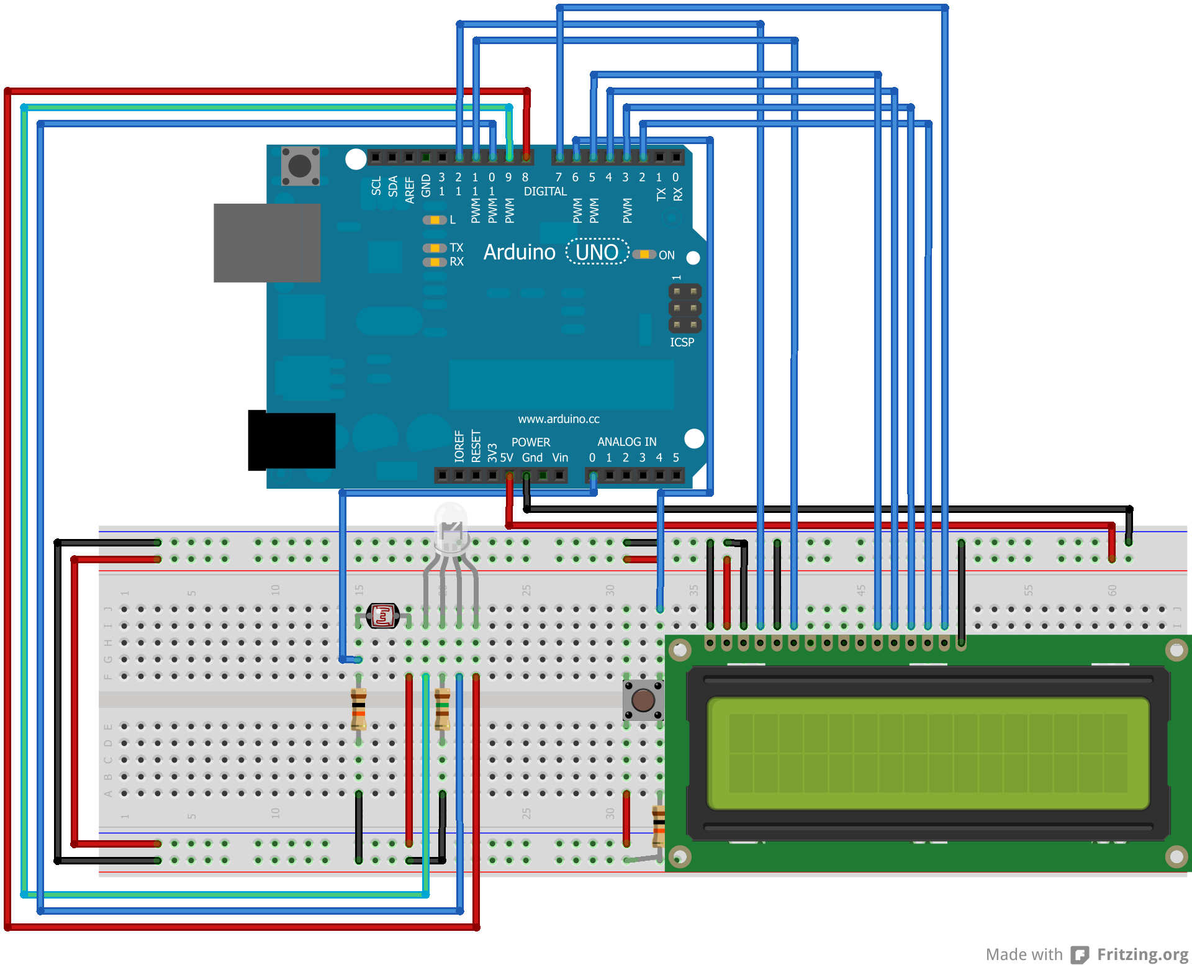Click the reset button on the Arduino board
(x=300, y=166)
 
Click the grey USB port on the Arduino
(x=267, y=243)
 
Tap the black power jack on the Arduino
(x=291, y=440)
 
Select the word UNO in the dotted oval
(x=597, y=252)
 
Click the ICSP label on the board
(x=682, y=342)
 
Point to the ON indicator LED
(x=644, y=255)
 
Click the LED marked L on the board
(x=435, y=220)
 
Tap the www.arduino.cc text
(x=559, y=419)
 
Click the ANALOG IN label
(x=626, y=442)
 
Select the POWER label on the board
(x=530, y=442)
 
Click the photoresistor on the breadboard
(x=382, y=616)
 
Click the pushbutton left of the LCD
(x=643, y=700)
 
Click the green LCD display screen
(x=928, y=753)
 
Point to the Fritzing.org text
(x=1142, y=954)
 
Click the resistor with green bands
(x=442, y=709)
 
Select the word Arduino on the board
(x=519, y=252)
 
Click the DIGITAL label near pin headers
(x=545, y=191)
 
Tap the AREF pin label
(x=410, y=189)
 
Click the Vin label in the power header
(x=560, y=458)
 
